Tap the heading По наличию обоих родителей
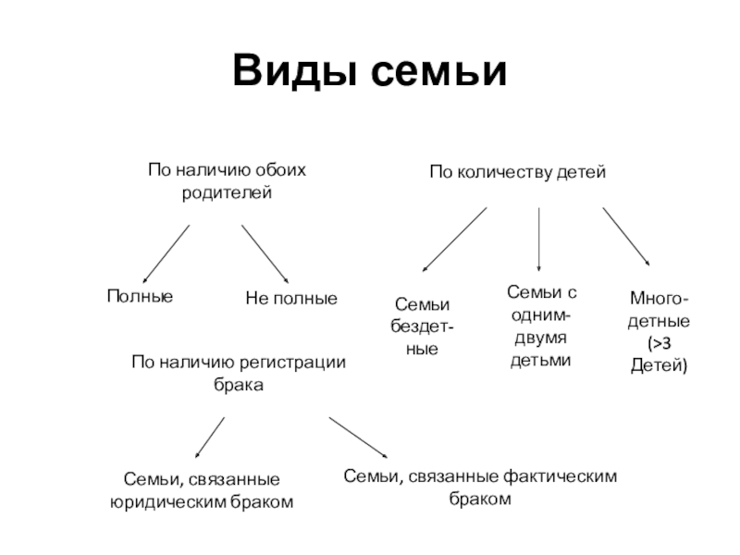click(x=227, y=182)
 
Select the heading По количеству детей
click(x=516, y=172)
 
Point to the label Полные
click(x=140, y=296)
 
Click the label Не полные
click(x=291, y=299)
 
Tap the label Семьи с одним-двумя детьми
click(x=541, y=326)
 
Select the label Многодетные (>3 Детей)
click(x=658, y=332)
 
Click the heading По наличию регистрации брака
click(x=239, y=373)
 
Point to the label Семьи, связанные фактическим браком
click(x=479, y=487)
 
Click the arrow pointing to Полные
click(x=166, y=253)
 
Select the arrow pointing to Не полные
click(x=265, y=252)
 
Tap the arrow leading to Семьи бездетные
click(x=453, y=239)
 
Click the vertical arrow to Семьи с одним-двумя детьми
click(x=539, y=239)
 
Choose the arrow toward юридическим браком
click(x=210, y=437)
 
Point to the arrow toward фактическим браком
click(x=358, y=438)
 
